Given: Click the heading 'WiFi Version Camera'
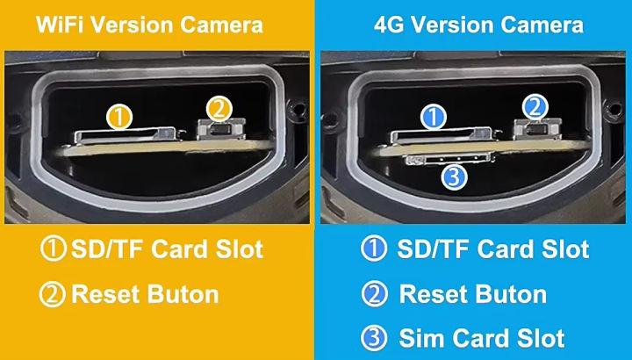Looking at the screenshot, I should click(148, 25).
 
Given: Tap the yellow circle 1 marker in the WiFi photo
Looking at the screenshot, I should click(119, 116).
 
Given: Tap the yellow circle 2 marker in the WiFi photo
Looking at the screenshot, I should click(219, 108).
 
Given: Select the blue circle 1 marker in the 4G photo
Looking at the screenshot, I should click(435, 116).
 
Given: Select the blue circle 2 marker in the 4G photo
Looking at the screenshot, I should click(534, 108).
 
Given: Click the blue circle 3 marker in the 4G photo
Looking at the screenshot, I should click(454, 178).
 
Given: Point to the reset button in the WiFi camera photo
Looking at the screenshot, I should click(219, 130).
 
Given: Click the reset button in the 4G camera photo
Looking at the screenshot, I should click(535, 130).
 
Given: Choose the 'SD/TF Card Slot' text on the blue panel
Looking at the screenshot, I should click(492, 248).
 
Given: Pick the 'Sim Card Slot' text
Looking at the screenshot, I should click(481, 338).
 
